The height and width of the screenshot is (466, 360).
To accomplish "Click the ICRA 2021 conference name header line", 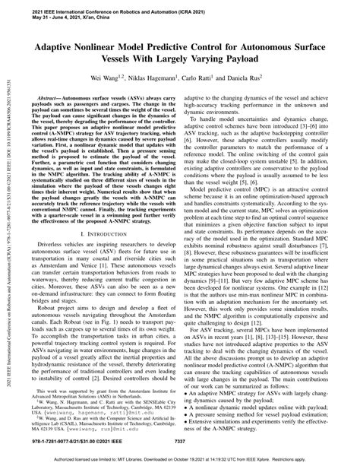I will pyautogui.click(x=106, y=13).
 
